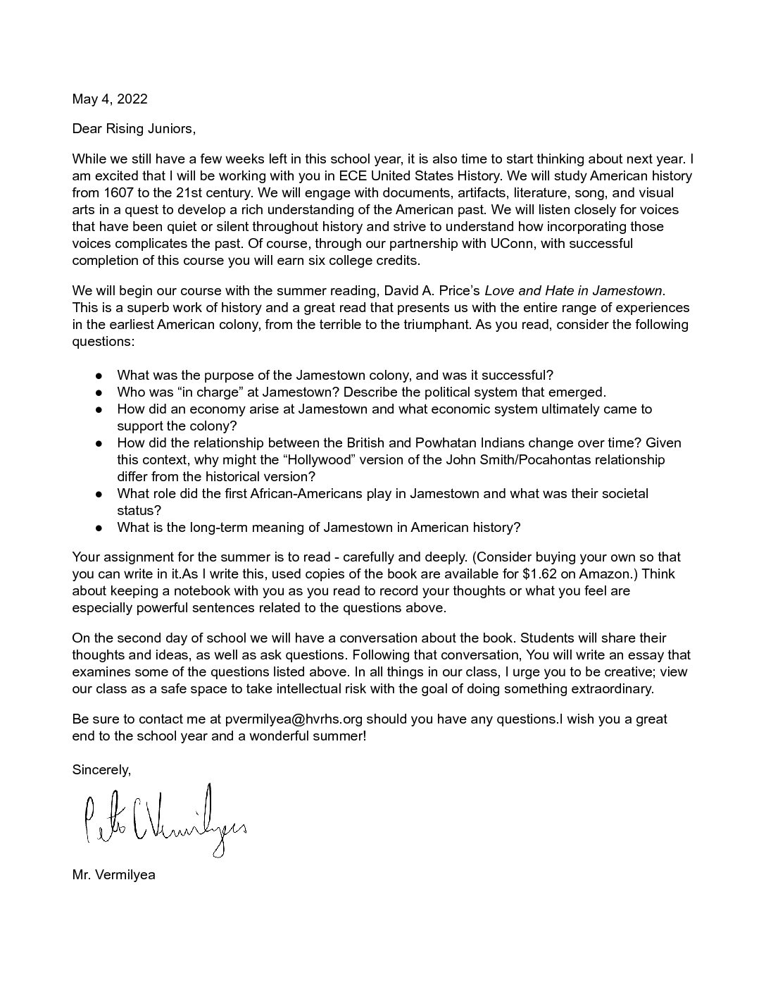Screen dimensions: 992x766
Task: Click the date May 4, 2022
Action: point(110,99)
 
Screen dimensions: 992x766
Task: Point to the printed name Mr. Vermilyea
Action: point(113,875)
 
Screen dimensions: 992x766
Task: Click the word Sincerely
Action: point(101,769)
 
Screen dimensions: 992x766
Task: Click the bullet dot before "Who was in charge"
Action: point(99,392)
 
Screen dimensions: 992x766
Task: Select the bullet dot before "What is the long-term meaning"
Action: point(99,528)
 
